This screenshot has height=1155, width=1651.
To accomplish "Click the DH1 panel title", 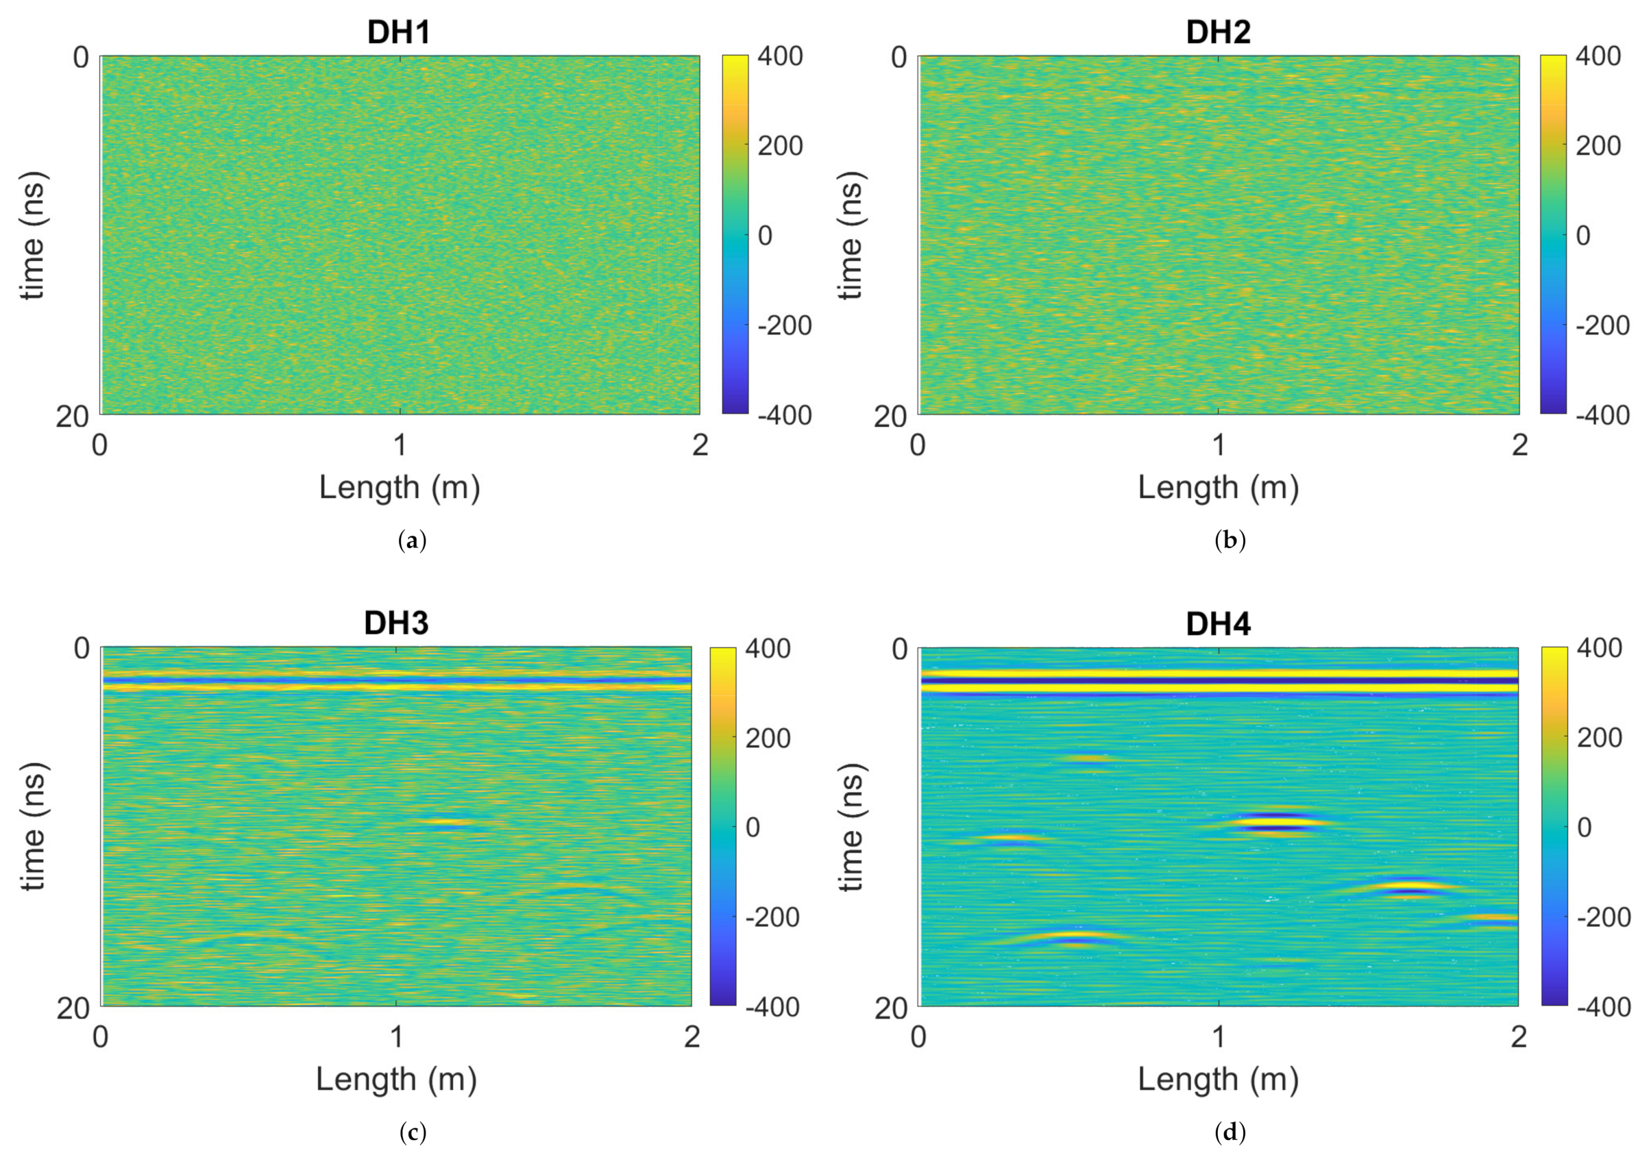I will coord(398,32).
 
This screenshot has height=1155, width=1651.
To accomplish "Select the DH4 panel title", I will coord(1218,624).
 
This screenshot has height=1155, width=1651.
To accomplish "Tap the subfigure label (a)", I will coord(412,541).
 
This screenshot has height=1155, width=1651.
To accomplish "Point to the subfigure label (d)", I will coord(1230,1132).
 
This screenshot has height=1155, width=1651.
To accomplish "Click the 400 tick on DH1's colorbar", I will coord(780,56).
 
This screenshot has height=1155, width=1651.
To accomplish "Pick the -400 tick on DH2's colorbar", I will coord(1602,415).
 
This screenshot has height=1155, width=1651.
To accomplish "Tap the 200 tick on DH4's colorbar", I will coord(1599,737).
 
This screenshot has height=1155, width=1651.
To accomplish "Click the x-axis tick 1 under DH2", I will coord(1218,445).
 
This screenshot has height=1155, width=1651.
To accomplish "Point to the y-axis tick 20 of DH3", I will coord(73,1008).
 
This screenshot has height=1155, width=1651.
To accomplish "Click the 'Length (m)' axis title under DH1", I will coord(399,487).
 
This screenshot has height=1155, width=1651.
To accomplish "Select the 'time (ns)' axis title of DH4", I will coord(851,827).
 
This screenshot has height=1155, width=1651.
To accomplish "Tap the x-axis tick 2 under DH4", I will coord(1518,1037).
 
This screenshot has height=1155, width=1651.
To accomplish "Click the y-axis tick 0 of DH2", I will coord(899,58).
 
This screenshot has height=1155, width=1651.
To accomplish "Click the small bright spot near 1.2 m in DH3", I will coord(448,823).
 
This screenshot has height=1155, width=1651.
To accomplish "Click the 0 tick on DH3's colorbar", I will coord(752,828).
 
